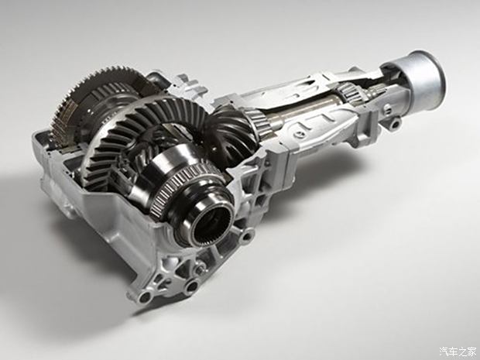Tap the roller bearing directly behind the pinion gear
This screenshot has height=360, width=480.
coord(259,122)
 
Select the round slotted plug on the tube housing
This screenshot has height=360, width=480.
coord(298,134)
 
